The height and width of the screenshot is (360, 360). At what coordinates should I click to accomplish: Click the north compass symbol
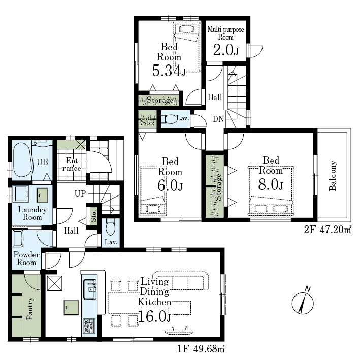[303, 302]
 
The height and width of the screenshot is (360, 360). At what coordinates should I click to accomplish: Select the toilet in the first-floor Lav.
[110, 227]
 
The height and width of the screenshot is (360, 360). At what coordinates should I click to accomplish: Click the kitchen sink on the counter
[90, 289]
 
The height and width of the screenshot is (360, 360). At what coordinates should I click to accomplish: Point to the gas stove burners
[89, 326]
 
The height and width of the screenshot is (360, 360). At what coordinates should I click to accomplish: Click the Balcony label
[332, 176]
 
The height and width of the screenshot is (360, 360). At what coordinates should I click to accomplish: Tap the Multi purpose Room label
[225, 34]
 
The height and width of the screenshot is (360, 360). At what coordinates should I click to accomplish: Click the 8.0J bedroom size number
[271, 184]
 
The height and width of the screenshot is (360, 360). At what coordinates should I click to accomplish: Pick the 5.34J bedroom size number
[169, 71]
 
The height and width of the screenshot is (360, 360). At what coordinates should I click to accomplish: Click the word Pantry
[30, 308]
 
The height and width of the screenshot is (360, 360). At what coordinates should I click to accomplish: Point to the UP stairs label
[80, 193]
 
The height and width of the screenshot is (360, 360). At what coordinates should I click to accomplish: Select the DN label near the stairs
[218, 119]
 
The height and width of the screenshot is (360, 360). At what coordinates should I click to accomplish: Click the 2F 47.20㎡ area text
[328, 230]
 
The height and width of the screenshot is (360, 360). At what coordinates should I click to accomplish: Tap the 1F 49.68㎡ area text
[201, 349]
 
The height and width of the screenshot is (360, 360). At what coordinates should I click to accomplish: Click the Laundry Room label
[32, 213]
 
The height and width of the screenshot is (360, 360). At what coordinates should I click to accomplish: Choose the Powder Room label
[26, 258]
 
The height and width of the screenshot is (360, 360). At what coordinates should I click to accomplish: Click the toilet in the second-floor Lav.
[169, 119]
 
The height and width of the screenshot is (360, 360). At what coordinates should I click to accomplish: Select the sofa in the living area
[181, 281]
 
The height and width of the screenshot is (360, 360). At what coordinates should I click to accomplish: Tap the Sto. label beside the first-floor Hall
[93, 216]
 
